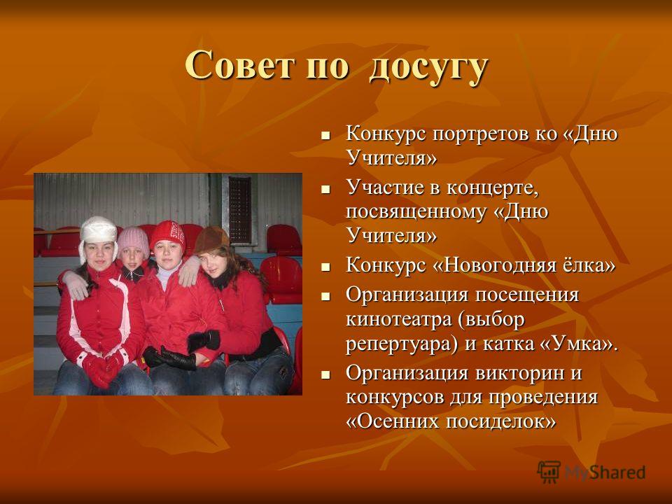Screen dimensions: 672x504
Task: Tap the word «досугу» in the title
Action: coord(428,69)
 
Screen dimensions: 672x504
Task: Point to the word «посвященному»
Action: coord(416,213)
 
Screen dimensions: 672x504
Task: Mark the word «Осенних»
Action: coord(397,421)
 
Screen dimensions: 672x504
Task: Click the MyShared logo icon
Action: coord(549,472)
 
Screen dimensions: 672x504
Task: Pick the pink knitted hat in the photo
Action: coord(133,241)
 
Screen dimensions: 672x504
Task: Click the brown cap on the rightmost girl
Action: coord(211,239)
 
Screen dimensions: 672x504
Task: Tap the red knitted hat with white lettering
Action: coord(167,236)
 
